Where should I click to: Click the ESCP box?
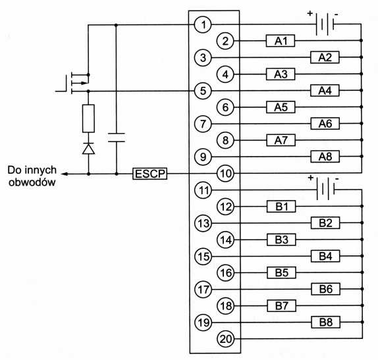pyautogui.click(x=149, y=174)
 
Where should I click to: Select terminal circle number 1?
pyautogui.click(x=203, y=24)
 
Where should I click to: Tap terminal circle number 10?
pyautogui.click(x=225, y=173)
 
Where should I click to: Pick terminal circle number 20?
pyautogui.click(x=226, y=339)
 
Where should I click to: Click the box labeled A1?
pyautogui.click(x=281, y=41)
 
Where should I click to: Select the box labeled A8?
pyautogui.click(x=325, y=157)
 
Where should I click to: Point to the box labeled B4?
pyautogui.click(x=325, y=256)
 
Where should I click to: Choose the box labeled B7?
pyautogui.click(x=282, y=306)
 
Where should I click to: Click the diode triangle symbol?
pyautogui.click(x=88, y=149)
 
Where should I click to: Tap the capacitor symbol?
pyautogui.click(x=117, y=138)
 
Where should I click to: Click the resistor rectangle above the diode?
pyautogui.click(x=88, y=118)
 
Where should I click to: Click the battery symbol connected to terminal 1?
pyautogui.click(x=325, y=24)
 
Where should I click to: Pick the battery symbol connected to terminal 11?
pyautogui.click(x=326, y=189)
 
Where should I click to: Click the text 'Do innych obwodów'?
pyautogui.click(x=32, y=176)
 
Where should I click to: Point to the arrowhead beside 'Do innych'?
pyautogui.click(x=64, y=174)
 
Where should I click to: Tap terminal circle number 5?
pyautogui.click(x=203, y=91)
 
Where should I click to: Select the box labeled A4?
pyautogui.click(x=325, y=90)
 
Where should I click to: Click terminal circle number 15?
pyautogui.click(x=203, y=257)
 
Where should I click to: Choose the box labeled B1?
pyautogui.click(x=281, y=207)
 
